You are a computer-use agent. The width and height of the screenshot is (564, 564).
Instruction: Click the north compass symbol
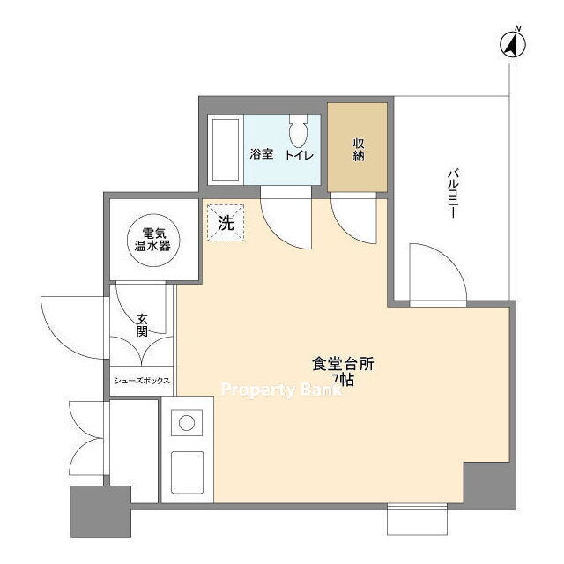[x=513, y=44]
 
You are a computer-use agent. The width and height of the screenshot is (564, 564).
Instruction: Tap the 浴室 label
[x=262, y=154]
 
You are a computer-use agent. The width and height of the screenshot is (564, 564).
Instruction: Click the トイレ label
[x=300, y=155]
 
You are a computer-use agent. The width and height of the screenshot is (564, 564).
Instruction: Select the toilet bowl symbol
[x=299, y=130]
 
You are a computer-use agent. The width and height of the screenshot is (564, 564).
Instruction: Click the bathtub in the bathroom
[x=226, y=150]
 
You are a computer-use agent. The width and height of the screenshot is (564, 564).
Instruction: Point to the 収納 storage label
[x=359, y=149]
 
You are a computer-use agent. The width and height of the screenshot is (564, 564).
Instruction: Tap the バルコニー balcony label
[x=452, y=194]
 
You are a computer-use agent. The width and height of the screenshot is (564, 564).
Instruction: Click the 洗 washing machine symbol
[x=226, y=223]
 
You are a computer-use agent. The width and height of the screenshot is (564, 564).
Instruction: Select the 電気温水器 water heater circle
[x=153, y=240]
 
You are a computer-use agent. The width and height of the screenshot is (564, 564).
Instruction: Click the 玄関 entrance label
[x=142, y=325]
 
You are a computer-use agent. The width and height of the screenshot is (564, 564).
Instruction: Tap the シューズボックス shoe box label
[x=142, y=381]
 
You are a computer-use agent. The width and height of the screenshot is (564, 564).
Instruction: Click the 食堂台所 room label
[x=343, y=364]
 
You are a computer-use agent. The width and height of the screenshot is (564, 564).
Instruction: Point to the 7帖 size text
[x=343, y=380]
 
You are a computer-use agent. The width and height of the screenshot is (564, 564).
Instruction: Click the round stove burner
[x=187, y=423]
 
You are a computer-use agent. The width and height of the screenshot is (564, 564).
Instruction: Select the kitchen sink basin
[x=187, y=472]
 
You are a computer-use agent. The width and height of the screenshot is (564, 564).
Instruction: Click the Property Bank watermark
[x=281, y=390]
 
